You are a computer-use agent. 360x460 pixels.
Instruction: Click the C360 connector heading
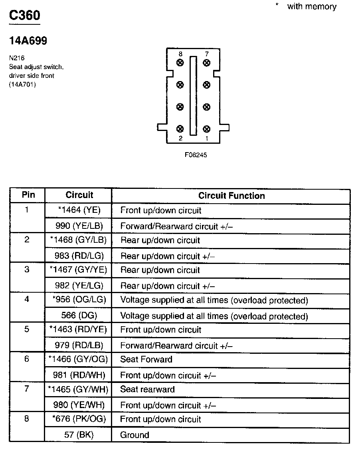(25, 16)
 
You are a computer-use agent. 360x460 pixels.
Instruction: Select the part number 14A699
(28, 41)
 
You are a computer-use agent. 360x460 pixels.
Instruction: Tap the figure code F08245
(196, 155)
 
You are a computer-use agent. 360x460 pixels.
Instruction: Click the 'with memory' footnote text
(311, 6)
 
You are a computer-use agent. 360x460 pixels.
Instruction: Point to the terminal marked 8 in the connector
(180, 63)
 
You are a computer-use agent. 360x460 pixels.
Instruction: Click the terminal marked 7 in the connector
(206, 63)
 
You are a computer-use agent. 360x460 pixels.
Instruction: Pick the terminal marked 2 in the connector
(180, 129)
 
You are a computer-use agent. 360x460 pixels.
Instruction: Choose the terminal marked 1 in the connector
(206, 129)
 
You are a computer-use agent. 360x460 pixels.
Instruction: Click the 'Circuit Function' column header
(231, 196)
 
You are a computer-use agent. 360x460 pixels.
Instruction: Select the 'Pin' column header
(28, 195)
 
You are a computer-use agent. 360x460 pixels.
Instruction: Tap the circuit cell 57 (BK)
(79, 435)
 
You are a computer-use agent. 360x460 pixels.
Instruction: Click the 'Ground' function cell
(135, 435)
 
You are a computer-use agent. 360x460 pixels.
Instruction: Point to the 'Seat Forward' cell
(146, 359)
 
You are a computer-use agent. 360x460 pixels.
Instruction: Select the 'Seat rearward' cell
(147, 389)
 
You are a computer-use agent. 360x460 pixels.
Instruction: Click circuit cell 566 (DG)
(79, 315)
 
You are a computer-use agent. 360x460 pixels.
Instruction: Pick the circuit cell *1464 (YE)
(79, 210)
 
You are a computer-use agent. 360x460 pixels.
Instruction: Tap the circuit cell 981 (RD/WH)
(79, 375)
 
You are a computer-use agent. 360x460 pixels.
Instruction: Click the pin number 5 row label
(27, 329)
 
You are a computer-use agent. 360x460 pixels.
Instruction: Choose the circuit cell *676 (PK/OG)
(79, 419)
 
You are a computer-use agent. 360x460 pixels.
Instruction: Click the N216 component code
(17, 57)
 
